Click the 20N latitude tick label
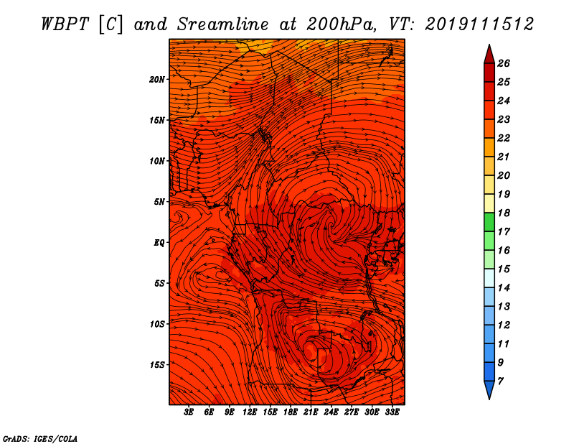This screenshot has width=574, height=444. click(x=157, y=80)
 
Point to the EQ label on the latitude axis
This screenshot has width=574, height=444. click(x=159, y=243)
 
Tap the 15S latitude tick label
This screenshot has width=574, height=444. click(x=157, y=365)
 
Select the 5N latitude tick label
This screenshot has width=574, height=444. click(x=159, y=202)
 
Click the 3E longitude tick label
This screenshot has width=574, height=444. click(x=189, y=412)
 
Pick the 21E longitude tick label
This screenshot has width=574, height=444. click(x=311, y=412)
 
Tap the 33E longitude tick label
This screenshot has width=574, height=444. click(x=392, y=412)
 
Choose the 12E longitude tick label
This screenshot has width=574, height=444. click(x=250, y=412)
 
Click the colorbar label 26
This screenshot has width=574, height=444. click(x=504, y=63)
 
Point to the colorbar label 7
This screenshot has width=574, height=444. click(x=500, y=381)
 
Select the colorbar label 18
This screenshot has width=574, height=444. click(x=504, y=213)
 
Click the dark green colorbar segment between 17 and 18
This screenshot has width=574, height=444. click(x=489, y=222)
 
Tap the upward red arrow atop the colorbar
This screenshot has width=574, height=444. click(x=489, y=55)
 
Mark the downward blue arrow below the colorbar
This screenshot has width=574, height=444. click(x=489, y=389)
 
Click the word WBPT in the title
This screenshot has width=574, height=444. click(x=65, y=24)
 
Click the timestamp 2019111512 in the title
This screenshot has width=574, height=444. click(x=479, y=24)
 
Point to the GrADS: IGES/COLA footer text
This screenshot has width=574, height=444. click(x=40, y=438)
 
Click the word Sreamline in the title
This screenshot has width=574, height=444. click(x=223, y=24)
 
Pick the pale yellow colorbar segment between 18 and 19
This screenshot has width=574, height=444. click(x=489, y=203)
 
